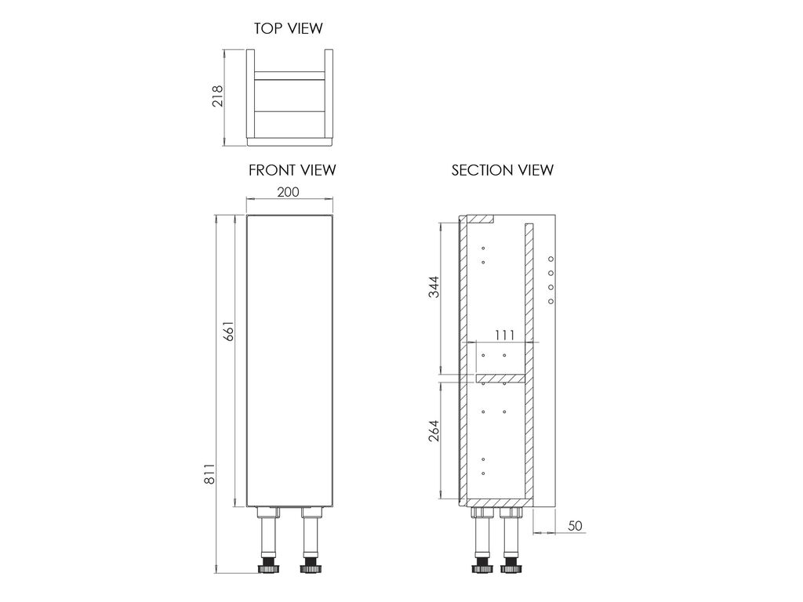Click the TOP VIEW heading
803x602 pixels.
(289, 28)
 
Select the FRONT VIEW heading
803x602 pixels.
(292, 170)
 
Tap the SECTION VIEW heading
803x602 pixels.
(503, 170)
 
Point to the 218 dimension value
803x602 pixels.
(218, 96)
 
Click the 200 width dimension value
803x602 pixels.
(288, 192)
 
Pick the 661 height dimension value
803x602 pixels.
(228, 332)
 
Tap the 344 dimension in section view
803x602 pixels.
(433, 287)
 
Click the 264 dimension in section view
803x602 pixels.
(433, 431)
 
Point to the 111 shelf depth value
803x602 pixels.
(504, 335)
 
